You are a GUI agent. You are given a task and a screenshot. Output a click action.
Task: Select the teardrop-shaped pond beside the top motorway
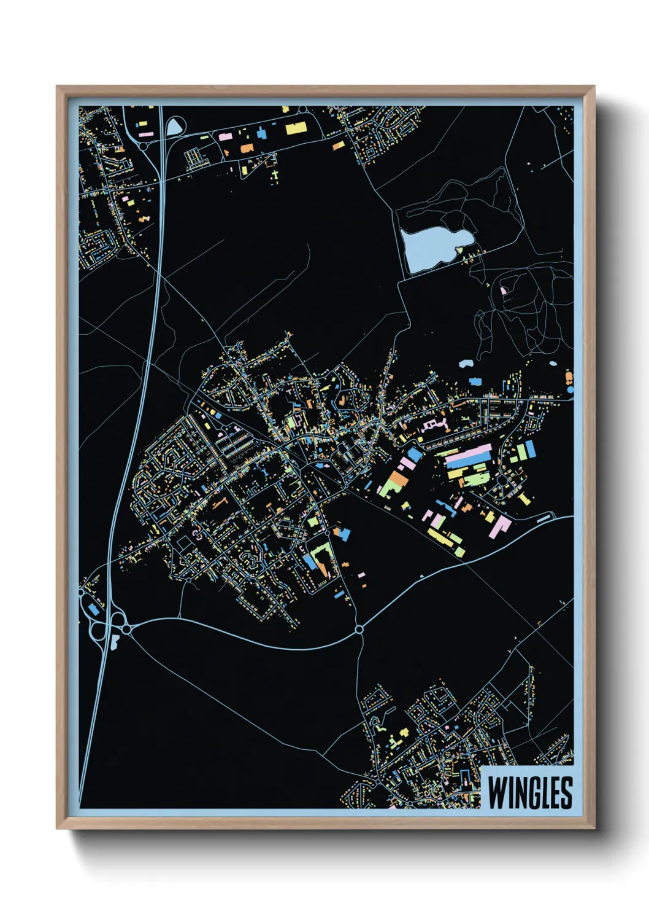pyautogui.click(x=174, y=127)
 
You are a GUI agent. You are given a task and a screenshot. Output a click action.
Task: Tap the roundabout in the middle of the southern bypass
pyautogui.click(x=359, y=629)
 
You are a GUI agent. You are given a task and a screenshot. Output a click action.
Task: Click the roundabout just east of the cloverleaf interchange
pyautogui.click(x=126, y=629)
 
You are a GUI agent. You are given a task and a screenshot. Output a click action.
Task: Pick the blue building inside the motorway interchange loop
pyautogui.click(x=93, y=609)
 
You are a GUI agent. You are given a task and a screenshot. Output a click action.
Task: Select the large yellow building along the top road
pyautogui.click(x=296, y=128)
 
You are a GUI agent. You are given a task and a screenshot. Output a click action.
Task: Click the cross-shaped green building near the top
pyautogui.click(x=274, y=176)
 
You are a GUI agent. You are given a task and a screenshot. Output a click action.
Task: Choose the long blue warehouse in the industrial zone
pyautogui.click(x=467, y=462)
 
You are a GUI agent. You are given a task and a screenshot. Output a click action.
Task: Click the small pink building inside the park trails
pyautogui.click(x=504, y=290)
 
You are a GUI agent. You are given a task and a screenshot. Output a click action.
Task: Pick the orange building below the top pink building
pyautogui.click(x=247, y=148)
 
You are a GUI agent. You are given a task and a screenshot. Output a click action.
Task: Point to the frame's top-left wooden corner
pyautogui.click(x=61, y=90)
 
